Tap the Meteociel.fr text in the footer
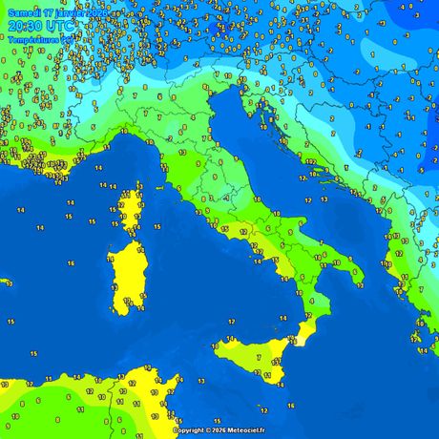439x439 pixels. click(250, 430)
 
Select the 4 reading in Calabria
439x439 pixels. click(312, 301)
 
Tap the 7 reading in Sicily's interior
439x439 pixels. click(258, 357)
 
